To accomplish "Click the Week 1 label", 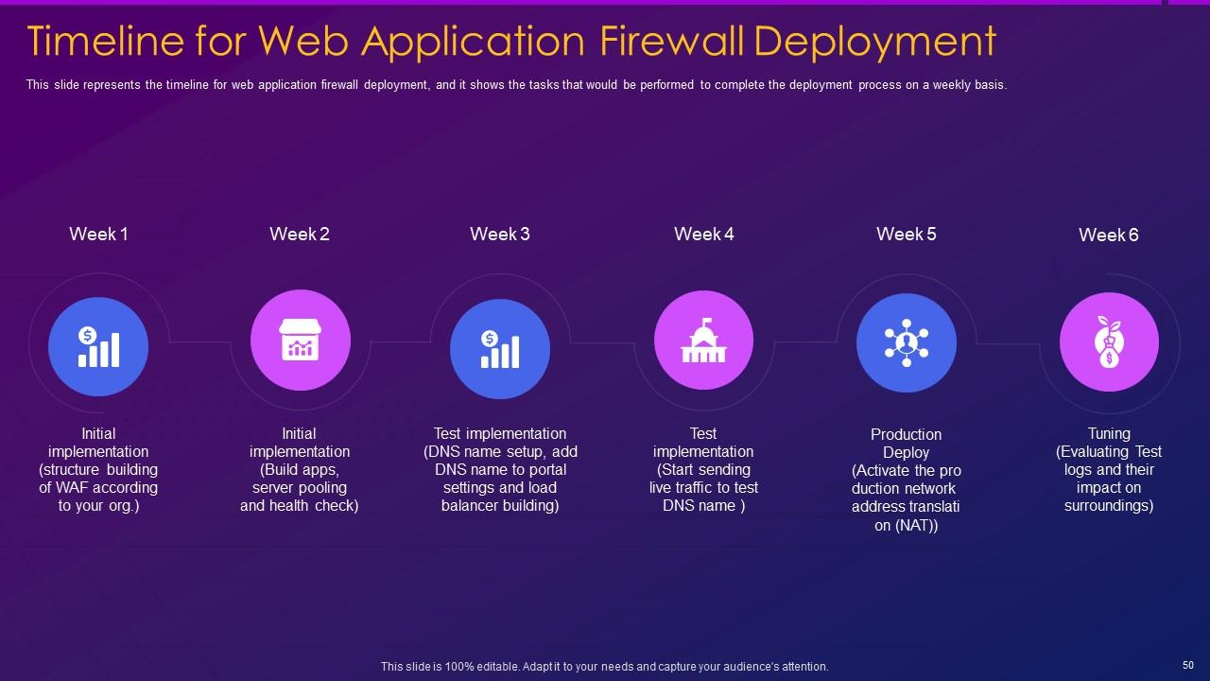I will [98, 235].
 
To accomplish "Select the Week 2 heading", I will [300, 235].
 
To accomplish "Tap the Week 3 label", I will [500, 235].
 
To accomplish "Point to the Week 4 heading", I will [704, 235].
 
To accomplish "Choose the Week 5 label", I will [907, 235].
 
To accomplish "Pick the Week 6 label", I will [1109, 236].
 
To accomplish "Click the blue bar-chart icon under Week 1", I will [98, 346].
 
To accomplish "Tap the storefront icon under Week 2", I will [300, 340].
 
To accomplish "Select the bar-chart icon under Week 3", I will [500, 349].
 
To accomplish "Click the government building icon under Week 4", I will [703, 340].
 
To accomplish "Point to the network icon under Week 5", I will [907, 342].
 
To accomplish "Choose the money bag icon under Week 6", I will [1109, 341].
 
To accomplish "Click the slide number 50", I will [1188, 665].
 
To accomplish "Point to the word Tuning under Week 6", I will [1109, 434].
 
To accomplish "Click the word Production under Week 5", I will [907, 435].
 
